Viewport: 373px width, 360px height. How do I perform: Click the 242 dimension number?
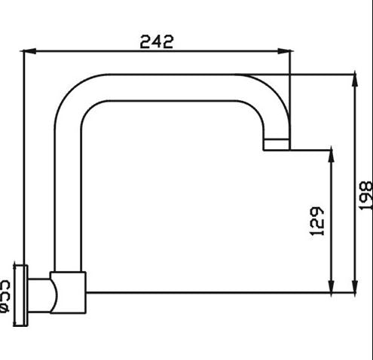click(x=157, y=41)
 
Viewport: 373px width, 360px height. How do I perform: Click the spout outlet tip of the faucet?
click(x=276, y=145)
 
